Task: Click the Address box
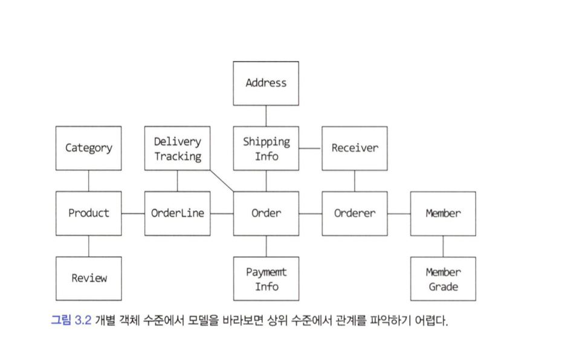point(266,83)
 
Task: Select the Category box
point(88,148)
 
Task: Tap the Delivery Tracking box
point(177,148)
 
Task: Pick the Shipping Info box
point(266,148)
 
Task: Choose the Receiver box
point(355,148)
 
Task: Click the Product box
point(88,213)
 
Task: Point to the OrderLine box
point(177,213)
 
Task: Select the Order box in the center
point(266,213)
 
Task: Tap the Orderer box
point(355,213)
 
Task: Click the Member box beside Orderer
point(443,213)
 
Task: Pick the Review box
point(88,278)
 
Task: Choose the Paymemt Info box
point(266,278)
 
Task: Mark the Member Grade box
point(443,278)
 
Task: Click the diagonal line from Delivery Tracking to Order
point(222,181)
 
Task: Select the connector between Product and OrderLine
point(133,213)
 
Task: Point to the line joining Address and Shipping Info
point(266,115)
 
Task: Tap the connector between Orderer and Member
point(399,213)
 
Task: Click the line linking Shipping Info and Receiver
point(310,148)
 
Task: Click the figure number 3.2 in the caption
point(83,320)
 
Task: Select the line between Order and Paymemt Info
point(266,246)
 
